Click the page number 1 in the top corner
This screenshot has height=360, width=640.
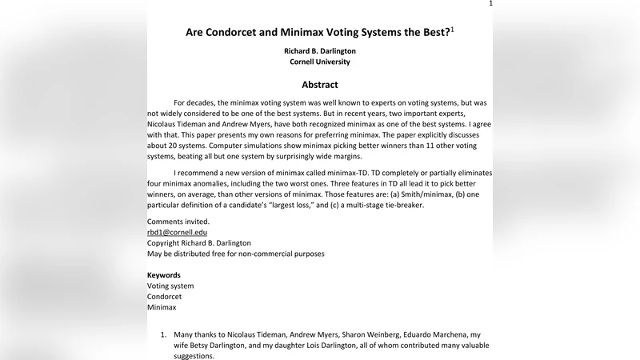click(x=490, y=4)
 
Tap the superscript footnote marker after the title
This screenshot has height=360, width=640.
click(x=452, y=30)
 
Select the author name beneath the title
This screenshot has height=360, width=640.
click(x=320, y=50)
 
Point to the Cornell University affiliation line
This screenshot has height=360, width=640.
click(x=320, y=62)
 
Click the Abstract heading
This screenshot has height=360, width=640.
click(x=320, y=85)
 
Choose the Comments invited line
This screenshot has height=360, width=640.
click(x=178, y=222)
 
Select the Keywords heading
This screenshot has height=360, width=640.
click(x=164, y=275)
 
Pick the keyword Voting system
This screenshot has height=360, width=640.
click(x=170, y=286)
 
